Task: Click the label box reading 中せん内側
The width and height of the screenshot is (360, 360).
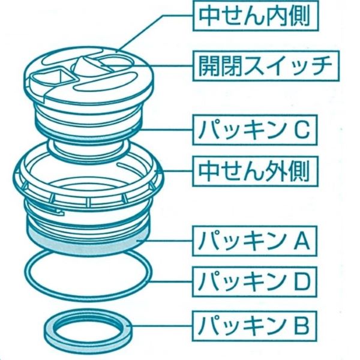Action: [x=256, y=16]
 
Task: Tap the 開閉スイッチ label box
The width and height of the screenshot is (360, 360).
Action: [x=266, y=66]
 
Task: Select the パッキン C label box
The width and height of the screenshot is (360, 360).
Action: [x=254, y=130]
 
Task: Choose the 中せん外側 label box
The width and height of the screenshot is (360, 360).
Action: [x=255, y=171]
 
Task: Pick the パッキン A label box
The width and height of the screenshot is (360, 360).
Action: [x=254, y=241]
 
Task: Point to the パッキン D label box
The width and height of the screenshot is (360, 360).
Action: [x=254, y=282]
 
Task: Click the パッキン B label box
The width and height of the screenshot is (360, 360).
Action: [x=254, y=326]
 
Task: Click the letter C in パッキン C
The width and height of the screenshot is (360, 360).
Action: [x=302, y=130]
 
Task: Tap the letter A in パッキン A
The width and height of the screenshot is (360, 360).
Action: [x=302, y=241]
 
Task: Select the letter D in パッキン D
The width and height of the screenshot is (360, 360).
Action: [x=302, y=282]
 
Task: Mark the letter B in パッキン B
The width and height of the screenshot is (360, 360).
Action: [x=302, y=326]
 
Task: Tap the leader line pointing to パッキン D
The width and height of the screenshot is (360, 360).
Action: [x=171, y=282]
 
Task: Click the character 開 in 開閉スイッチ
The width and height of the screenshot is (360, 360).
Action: [x=208, y=66]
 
